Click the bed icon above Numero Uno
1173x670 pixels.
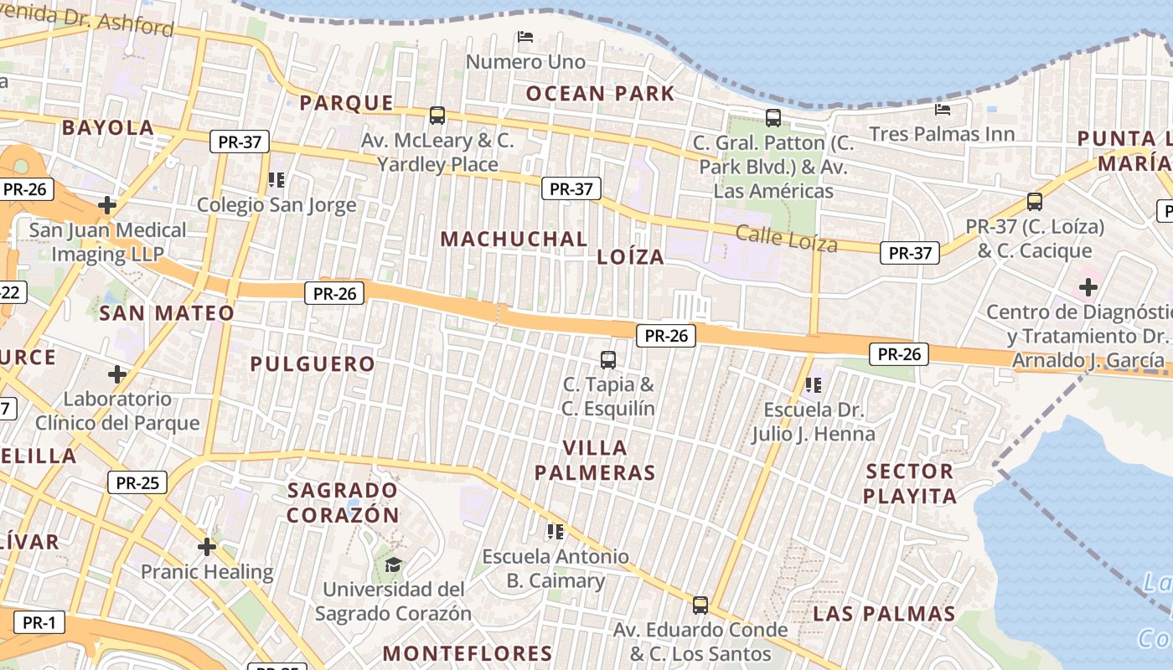tap(525, 36)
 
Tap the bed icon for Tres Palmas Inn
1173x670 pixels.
tap(943, 109)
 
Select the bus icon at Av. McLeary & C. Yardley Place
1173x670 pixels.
tap(437, 115)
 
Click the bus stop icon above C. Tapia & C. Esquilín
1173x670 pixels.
tap(608, 360)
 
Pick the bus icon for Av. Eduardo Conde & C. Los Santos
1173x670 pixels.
tap(700, 604)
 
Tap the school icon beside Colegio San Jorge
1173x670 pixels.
tap(276, 179)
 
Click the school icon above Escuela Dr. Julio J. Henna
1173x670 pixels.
tap(813, 385)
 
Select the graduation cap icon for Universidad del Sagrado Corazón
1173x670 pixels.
tap(393, 564)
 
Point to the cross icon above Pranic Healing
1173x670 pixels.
tap(207, 547)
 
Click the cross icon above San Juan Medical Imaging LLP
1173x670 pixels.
tap(107, 204)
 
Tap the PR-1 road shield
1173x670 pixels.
tap(39, 622)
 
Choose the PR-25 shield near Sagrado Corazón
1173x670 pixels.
tap(137, 482)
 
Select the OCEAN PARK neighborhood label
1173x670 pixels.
tap(600, 93)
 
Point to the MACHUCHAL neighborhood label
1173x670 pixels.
tap(514, 239)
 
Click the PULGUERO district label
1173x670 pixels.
tap(313, 363)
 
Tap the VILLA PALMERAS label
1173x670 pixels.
tap(595, 460)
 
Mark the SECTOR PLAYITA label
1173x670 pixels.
tap(910, 483)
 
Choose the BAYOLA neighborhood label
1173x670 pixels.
tap(108, 128)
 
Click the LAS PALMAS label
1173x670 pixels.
tap(884, 614)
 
